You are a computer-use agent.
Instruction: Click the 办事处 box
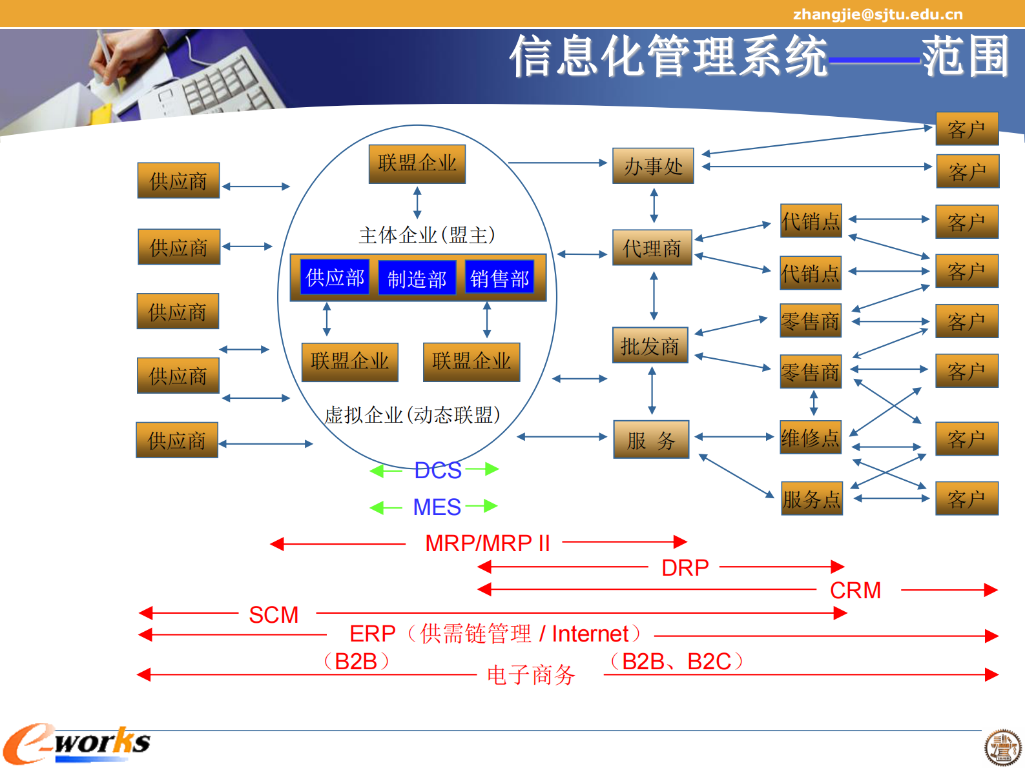pyautogui.click(x=653, y=166)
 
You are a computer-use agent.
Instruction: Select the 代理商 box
pyautogui.click(x=652, y=248)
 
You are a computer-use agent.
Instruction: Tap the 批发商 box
pyautogui.click(x=650, y=346)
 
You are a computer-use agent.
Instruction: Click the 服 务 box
pyautogui.click(x=651, y=440)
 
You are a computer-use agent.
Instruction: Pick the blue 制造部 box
pyautogui.click(x=417, y=278)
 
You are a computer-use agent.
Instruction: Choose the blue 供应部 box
pyautogui.click(x=335, y=277)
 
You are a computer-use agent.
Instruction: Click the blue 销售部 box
pyautogui.click(x=499, y=278)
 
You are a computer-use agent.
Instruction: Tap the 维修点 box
pyautogui.click(x=810, y=438)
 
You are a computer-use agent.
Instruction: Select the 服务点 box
pyautogui.click(x=811, y=498)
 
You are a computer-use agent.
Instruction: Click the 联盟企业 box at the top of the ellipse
pyautogui.click(x=417, y=163)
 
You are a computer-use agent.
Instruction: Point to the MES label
pyautogui.click(x=437, y=507)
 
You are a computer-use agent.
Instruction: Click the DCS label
pyautogui.click(x=438, y=470)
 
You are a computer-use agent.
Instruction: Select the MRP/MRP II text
pyautogui.click(x=487, y=543)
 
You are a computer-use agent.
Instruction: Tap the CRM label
pyautogui.click(x=855, y=591)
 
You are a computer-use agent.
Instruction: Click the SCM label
pyautogui.click(x=274, y=615)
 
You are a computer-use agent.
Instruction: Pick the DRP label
pyautogui.click(x=685, y=568)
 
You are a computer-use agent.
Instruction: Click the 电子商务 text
pyautogui.click(x=531, y=675)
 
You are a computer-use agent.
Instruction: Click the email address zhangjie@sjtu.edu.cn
pyautogui.click(x=877, y=14)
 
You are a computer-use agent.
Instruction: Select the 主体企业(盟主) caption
pyautogui.click(x=426, y=235)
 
